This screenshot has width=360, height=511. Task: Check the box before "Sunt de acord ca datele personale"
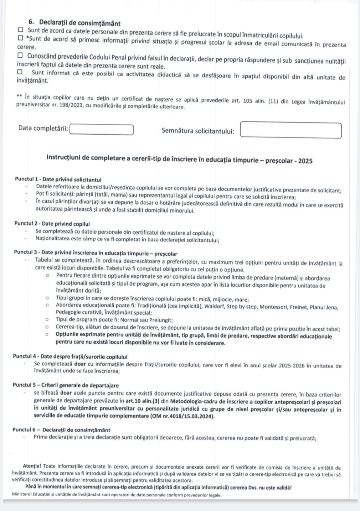(21, 30)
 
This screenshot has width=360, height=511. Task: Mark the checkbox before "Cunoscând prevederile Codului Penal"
(21, 56)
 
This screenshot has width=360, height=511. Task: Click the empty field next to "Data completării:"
(102, 130)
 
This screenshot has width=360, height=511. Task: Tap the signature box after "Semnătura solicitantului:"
(290, 130)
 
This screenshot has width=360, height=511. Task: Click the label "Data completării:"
(43, 128)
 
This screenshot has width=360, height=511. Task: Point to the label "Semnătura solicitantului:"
(198, 131)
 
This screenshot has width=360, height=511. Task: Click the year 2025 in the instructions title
(305, 161)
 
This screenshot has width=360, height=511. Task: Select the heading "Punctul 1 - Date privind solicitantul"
(58, 179)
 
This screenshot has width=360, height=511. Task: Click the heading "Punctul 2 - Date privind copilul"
(52, 224)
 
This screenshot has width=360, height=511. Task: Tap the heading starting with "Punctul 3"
(96, 253)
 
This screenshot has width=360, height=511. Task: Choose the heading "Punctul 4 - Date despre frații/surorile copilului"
(70, 356)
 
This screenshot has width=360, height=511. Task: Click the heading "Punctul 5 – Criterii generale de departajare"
(66, 385)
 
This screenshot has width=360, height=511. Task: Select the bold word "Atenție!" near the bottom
(32, 466)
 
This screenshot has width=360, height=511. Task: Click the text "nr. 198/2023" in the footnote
(68, 106)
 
